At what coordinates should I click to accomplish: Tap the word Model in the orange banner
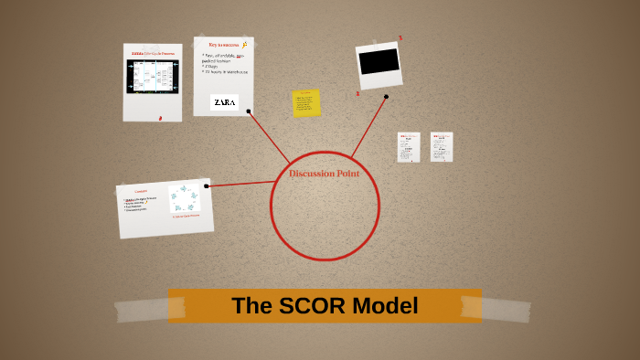point(385,306)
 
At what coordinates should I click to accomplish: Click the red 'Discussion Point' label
point(325,174)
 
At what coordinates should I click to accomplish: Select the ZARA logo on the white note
point(224,103)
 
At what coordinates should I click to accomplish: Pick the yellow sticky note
point(306,102)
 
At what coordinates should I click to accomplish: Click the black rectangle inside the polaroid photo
point(379,61)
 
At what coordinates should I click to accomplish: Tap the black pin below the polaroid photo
point(386,96)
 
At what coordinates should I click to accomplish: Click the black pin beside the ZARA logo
point(249,111)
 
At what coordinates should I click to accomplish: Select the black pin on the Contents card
point(207,186)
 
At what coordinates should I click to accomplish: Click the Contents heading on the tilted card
point(141,191)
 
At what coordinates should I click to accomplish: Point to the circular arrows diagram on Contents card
point(184,198)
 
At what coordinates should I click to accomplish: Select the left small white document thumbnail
point(408,147)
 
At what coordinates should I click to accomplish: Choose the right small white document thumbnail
point(441,146)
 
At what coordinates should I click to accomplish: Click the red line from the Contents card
point(240,185)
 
